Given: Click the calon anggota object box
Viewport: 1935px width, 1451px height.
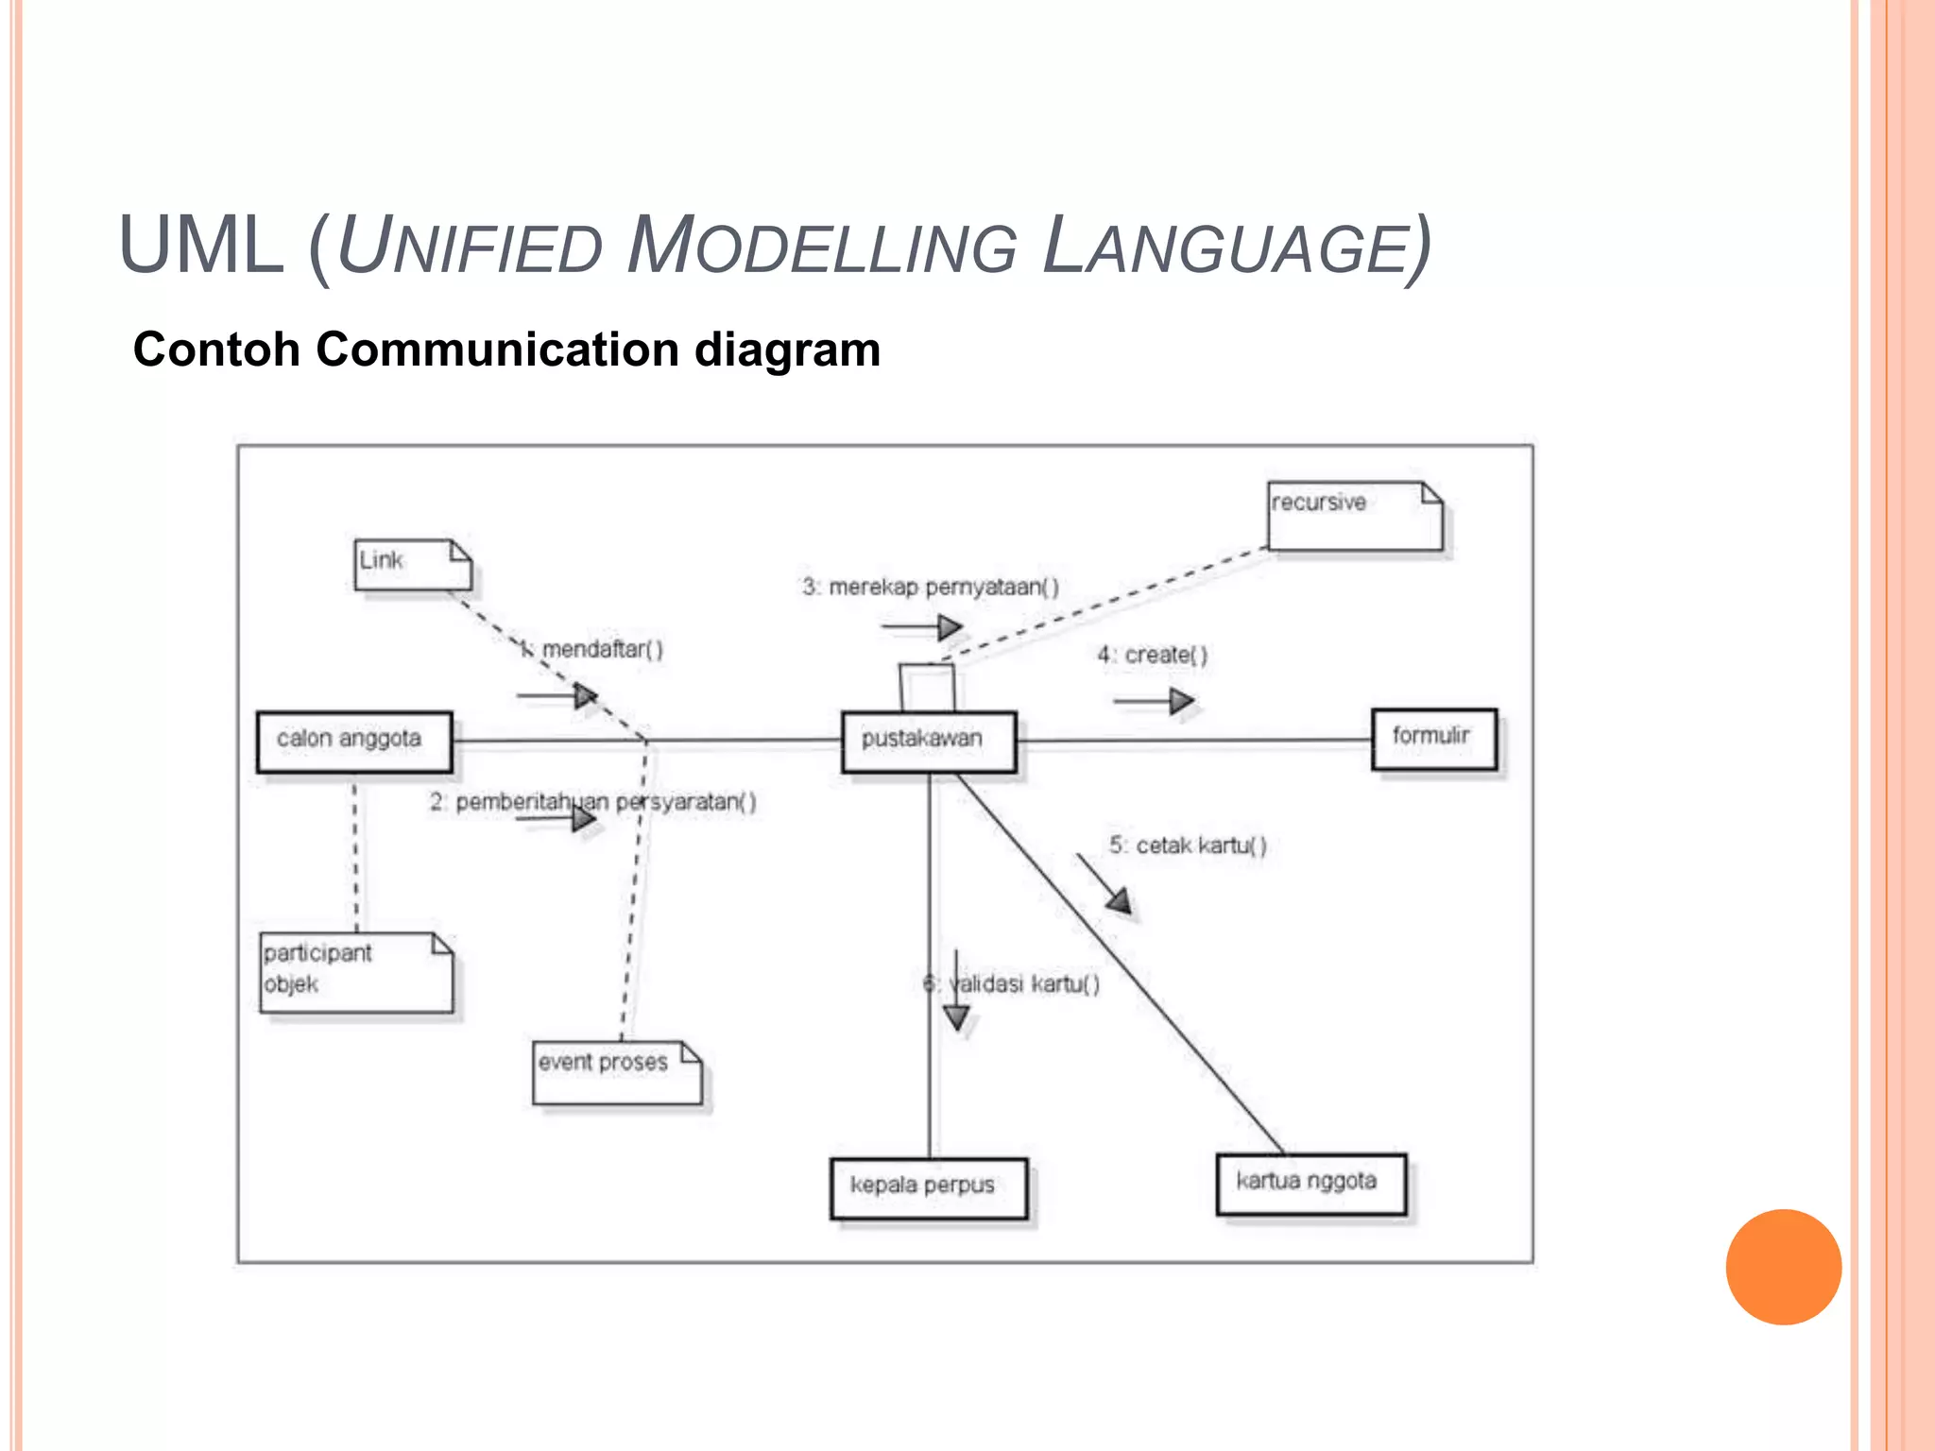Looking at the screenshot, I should point(354,742).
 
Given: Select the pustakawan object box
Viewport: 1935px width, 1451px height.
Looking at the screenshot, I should point(929,742).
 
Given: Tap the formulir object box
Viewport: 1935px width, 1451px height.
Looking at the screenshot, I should point(1433,738).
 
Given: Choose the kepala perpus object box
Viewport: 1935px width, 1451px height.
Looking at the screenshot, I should point(928,1187).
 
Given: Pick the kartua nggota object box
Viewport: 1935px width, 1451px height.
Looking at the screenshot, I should point(1310,1184).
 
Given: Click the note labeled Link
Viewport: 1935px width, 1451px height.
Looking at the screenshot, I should point(412,565).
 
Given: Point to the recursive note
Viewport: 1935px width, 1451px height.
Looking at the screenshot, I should point(1354,515).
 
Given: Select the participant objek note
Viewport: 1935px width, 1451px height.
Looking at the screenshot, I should point(356,972).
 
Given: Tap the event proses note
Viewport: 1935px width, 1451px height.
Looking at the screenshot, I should point(616,1072).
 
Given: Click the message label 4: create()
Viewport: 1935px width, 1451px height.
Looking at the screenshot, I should point(1152,655).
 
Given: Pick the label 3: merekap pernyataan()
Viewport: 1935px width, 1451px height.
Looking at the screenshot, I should point(931,587).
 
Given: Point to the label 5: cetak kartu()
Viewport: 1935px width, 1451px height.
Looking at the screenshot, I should point(1188,845).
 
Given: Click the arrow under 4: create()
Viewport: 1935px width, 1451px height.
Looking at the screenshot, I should point(1154,701).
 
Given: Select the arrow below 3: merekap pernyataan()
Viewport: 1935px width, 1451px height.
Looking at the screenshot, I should point(921,626).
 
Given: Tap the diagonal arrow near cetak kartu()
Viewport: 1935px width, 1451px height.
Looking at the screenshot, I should point(1104,882).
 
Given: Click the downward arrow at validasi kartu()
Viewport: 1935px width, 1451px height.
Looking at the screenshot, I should point(956,992).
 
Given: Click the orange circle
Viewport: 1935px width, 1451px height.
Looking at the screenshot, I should point(1783,1266).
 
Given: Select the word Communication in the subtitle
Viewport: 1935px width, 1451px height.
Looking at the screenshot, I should point(498,350).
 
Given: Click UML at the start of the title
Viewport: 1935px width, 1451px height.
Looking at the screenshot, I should point(200,246).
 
